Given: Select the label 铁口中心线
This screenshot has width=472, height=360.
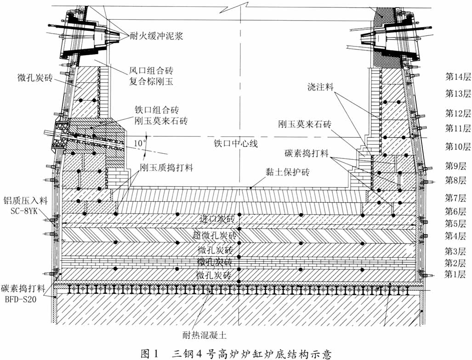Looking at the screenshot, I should [x=236, y=143].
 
